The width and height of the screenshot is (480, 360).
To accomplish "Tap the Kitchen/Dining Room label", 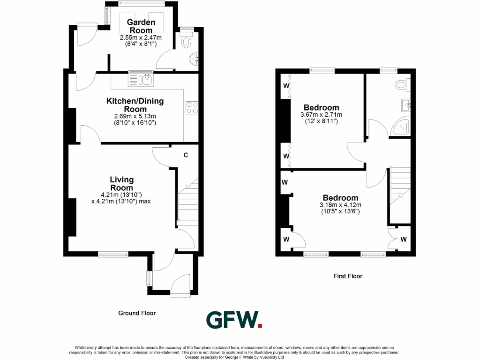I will [135, 105].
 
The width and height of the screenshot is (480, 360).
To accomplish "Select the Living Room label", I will [122, 183].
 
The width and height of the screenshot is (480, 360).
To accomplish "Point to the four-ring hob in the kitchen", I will [192, 108].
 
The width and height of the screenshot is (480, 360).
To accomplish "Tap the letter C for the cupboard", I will [186, 155].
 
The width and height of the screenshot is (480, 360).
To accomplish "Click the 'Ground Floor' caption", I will [136, 313].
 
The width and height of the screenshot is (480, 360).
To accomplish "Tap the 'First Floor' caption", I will [347, 276].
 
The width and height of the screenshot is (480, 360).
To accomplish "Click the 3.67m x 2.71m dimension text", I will [321, 115].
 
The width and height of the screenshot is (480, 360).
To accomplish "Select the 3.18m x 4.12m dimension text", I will [340, 205].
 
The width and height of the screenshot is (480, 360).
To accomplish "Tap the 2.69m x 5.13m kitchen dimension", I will [135, 116].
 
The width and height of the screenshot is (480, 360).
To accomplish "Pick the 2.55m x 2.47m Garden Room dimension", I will [141, 37].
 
